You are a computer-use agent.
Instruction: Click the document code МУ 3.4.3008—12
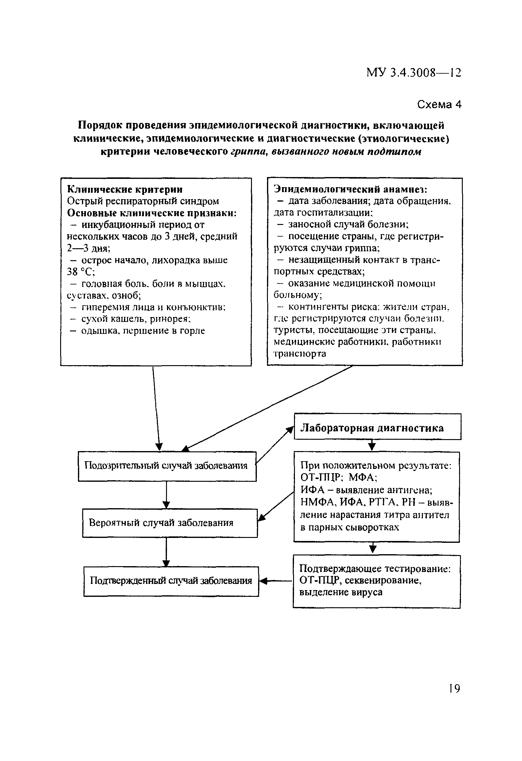click(414, 72)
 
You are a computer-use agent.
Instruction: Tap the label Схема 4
click(439, 104)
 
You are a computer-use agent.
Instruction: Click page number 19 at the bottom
click(454, 689)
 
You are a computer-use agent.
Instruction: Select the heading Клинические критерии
click(125, 189)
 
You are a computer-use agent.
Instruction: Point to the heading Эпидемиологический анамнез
click(350, 189)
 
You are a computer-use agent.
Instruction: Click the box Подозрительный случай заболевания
click(167, 466)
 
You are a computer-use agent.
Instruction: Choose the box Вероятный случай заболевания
click(170, 523)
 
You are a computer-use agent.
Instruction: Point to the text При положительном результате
click(376, 465)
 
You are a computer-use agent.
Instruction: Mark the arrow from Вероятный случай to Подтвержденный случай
click(166, 552)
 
